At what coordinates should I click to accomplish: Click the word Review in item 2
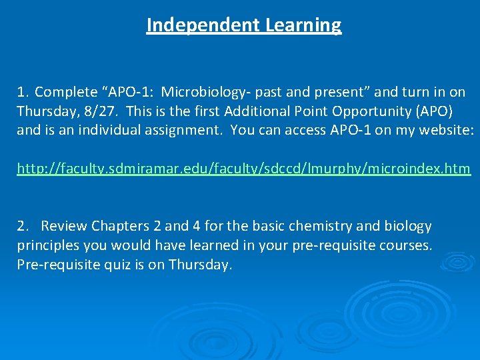click(x=64, y=227)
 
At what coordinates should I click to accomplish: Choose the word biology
click(x=405, y=227)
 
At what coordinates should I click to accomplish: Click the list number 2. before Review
click(x=23, y=227)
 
